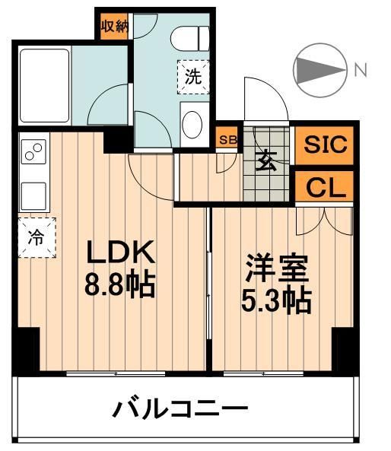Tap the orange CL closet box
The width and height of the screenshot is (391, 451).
tap(325, 186)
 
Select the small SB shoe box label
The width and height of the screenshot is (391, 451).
tap(227, 140)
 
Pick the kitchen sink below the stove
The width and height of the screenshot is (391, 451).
tap(34, 195)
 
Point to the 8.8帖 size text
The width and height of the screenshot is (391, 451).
tap(120, 286)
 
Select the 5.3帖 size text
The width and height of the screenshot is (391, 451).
tap(276, 302)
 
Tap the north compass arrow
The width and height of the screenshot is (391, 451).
tap(319, 71)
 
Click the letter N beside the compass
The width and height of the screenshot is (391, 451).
tap(360, 70)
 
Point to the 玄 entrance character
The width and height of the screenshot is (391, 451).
tap(265, 161)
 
